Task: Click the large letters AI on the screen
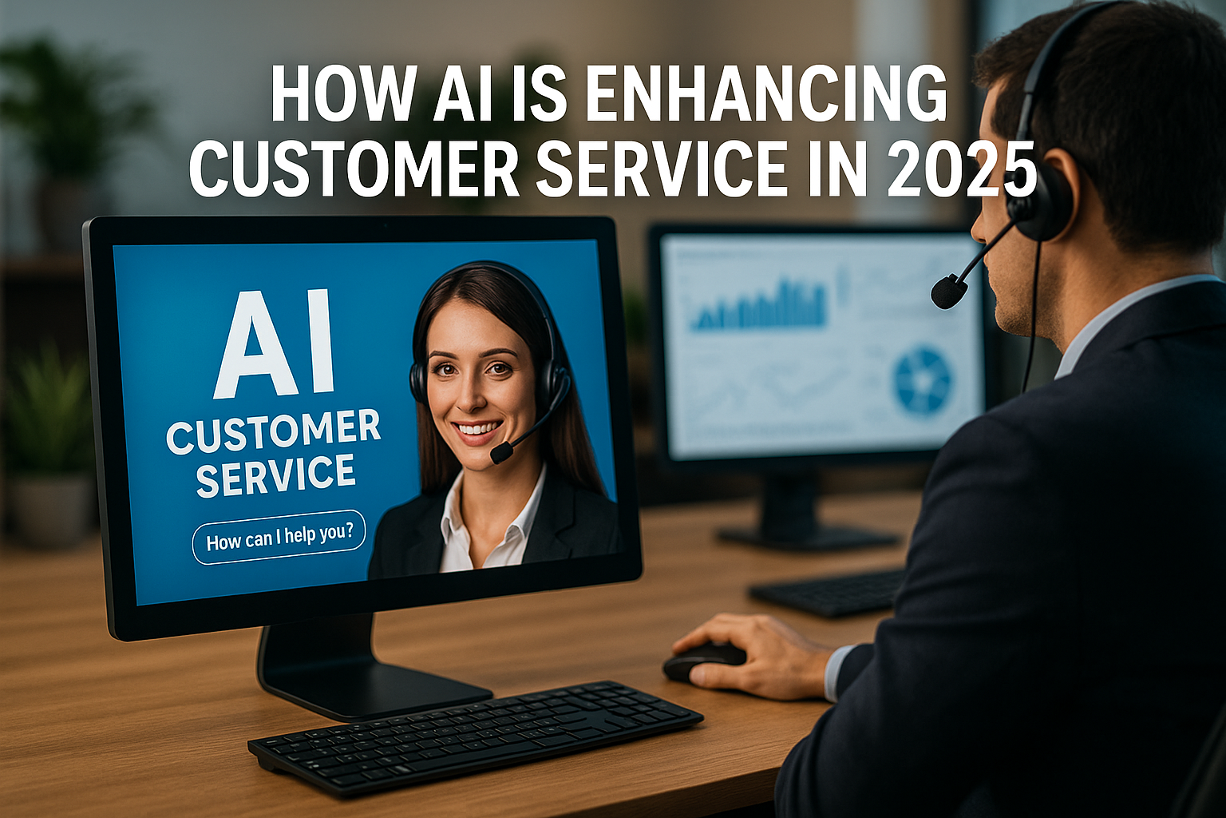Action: [275, 343]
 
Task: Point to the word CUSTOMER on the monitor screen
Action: [273, 432]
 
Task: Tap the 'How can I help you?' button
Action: [279, 538]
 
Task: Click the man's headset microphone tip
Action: [948, 292]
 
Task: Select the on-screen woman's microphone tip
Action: [500, 453]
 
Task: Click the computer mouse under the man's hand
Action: [703, 662]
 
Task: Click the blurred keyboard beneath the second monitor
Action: [826, 592]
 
